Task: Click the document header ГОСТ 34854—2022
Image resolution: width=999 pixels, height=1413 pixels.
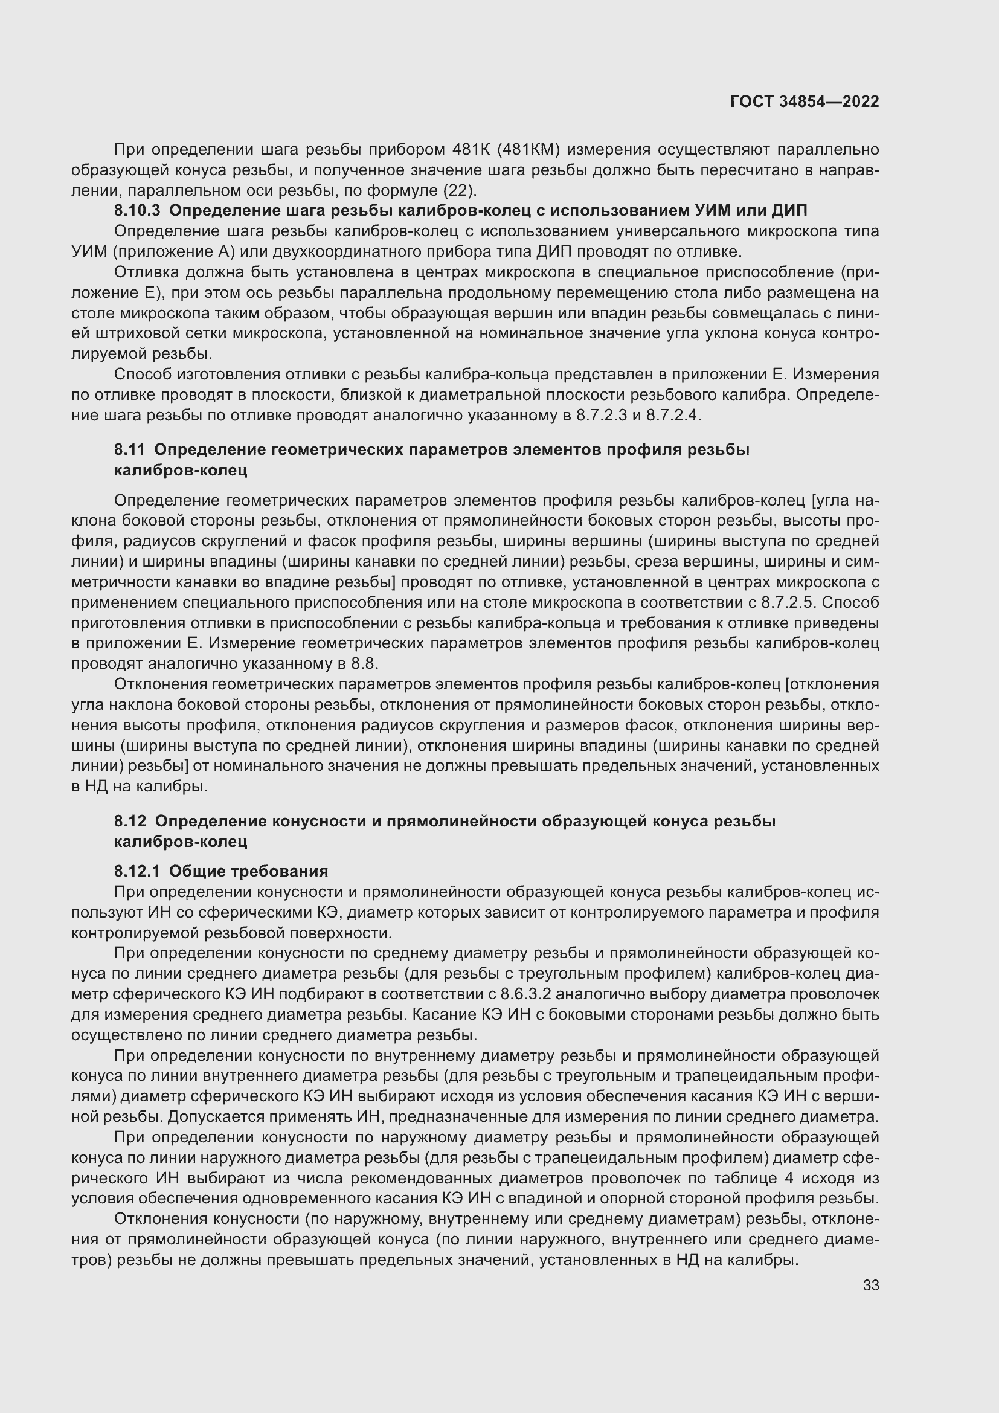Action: point(804,101)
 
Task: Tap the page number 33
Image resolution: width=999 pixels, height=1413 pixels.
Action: point(870,1285)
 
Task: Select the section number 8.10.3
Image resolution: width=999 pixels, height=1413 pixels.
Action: point(137,210)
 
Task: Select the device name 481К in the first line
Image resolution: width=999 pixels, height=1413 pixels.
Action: point(471,150)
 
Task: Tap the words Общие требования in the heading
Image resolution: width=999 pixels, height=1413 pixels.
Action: point(248,871)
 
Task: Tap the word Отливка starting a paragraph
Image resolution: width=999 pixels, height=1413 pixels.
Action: point(144,272)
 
